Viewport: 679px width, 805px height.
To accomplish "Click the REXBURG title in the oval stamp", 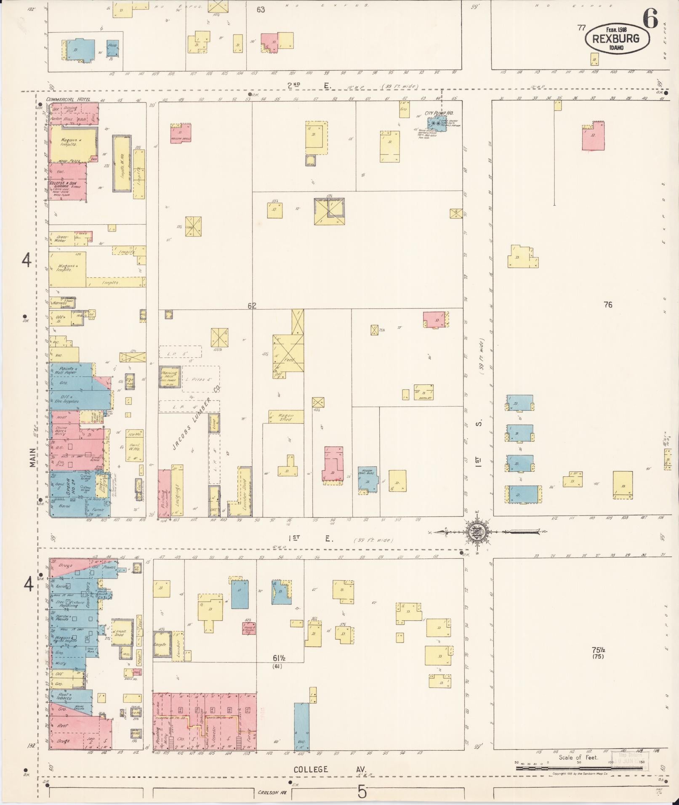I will [x=615, y=39].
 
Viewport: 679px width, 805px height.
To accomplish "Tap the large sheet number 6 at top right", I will [x=650, y=19].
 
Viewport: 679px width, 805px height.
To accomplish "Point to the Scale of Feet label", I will [x=578, y=757].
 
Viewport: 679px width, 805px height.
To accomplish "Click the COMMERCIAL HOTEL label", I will [x=65, y=99].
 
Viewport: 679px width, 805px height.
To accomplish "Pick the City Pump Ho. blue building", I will [x=437, y=124].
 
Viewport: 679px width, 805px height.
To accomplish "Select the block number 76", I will [x=607, y=305].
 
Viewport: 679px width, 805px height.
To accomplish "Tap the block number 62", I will [x=252, y=306].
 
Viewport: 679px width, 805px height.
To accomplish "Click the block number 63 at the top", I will [x=261, y=10].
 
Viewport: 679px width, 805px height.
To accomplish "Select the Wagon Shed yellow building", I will [x=286, y=417].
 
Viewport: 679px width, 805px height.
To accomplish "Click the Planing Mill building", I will [x=170, y=377].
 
